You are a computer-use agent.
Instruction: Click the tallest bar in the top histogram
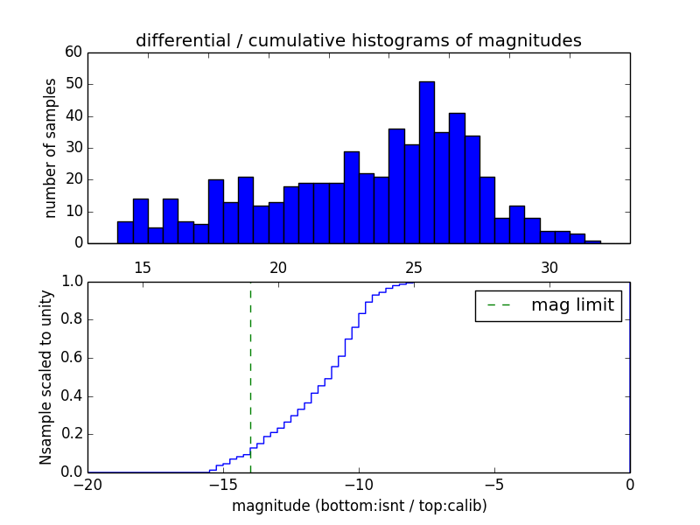coord(427,162)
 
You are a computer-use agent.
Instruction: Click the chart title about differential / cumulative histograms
coord(359,40)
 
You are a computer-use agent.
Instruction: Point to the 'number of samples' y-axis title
coord(51,148)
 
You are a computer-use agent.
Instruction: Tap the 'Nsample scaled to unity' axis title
coord(45,376)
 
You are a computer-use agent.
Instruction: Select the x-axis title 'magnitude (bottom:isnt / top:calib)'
coord(359,506)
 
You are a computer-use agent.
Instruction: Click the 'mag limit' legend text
coord(572,305)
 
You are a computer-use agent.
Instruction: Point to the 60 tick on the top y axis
coord(73,52)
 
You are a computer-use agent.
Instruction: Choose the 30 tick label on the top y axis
coord(73,148)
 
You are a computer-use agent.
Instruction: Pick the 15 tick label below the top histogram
coord(143,267)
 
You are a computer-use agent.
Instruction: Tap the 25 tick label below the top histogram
coord(414,267)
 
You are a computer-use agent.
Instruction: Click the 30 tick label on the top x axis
coord(549,267)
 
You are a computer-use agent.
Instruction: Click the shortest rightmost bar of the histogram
coord(593,241)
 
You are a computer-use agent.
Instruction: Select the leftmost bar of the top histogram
coord(125,232)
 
